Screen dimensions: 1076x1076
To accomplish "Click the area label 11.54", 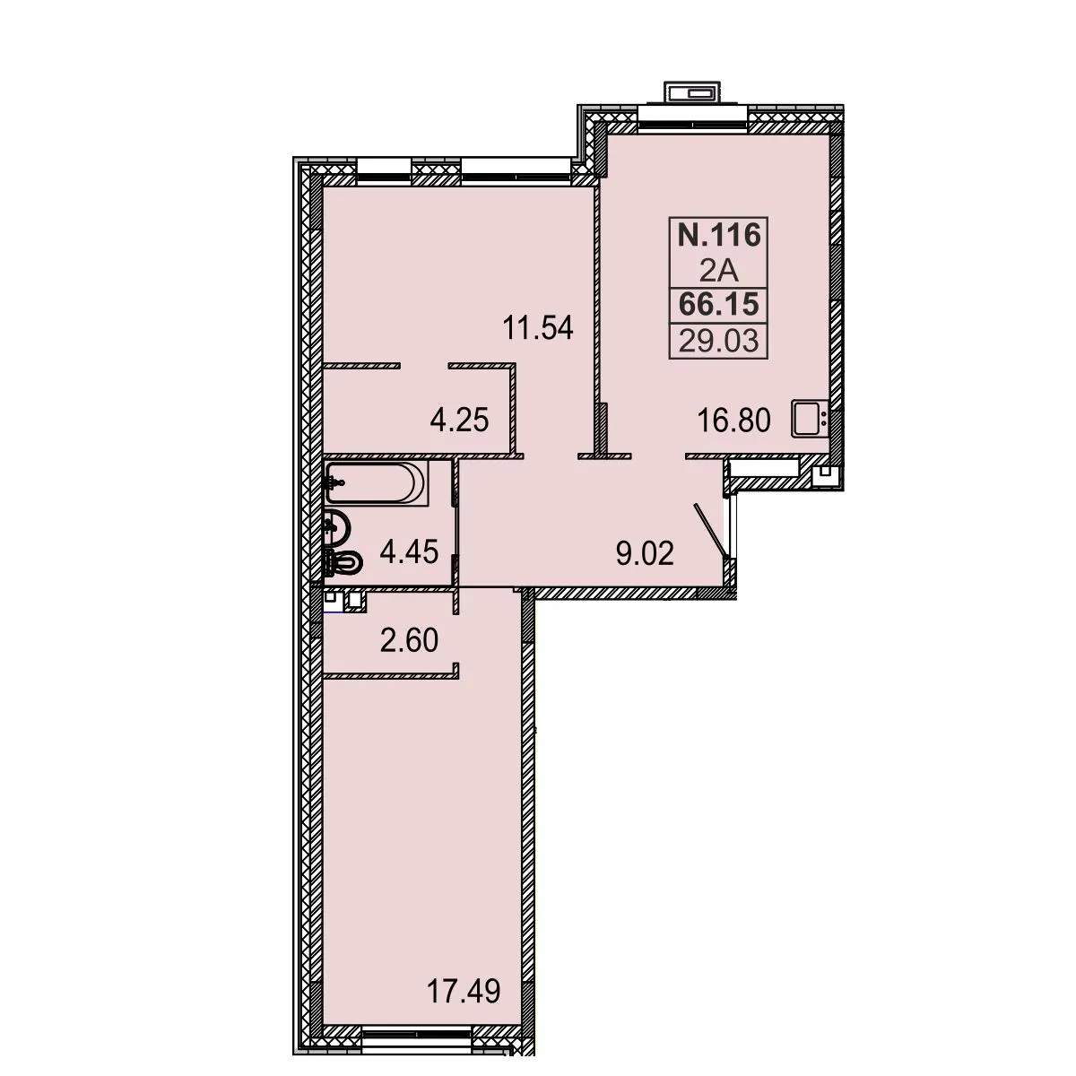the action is click(x=538, y=328).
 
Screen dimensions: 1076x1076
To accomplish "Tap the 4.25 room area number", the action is click(x=459, y=420).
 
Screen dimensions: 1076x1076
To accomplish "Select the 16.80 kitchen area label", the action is click(x=733, y=420).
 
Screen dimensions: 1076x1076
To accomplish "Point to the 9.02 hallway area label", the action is click(x=645, y=553).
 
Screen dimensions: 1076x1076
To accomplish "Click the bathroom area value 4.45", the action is click(x=409, y=552).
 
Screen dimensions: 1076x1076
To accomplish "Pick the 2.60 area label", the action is click(x=409, y=640).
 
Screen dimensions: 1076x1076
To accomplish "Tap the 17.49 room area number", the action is click(x=464, y=991).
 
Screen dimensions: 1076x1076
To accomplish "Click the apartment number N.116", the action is click(x=718, y=235).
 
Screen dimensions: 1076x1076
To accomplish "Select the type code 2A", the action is click(x=719, y=272).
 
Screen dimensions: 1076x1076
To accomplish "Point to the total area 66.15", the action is click(x=718, y=305).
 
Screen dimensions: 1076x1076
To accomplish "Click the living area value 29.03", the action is click(x=718, y=340).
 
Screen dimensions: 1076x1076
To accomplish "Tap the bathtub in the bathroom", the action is click(x=377, y=482).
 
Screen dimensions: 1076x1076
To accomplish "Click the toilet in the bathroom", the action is click(x=343, y=563).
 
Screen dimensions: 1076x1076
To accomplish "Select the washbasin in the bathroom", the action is click(x=338, y=527).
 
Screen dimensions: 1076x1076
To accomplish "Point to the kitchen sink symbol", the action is click(x=809, y=419).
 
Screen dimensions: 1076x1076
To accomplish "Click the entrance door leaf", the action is click(x=710, y=531).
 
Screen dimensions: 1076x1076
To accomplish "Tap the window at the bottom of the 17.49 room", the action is click(x=416, y=1048).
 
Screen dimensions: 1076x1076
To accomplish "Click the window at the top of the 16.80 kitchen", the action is click(x=692, y=119).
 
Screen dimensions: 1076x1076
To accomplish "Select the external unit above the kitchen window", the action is click(x=692, y=92).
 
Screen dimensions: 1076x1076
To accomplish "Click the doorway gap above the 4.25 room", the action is click(x=424, y=366).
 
